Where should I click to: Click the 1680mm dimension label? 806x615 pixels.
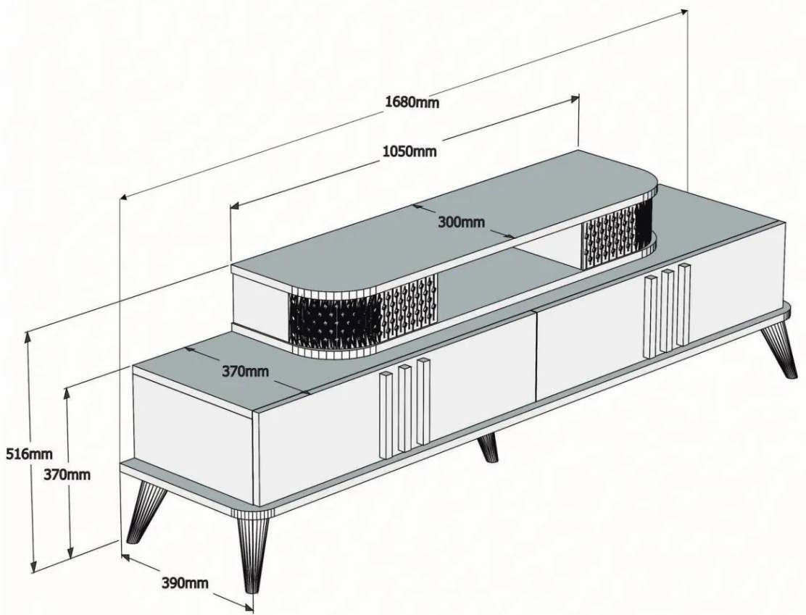412,101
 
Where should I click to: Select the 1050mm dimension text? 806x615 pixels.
410,151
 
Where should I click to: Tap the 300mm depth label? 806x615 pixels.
461,222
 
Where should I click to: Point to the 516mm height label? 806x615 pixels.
29,453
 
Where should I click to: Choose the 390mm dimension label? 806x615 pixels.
185,582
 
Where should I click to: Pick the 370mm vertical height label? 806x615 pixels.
67,474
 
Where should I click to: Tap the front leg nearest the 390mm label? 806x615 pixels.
253,551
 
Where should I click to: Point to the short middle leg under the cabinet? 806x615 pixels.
489,448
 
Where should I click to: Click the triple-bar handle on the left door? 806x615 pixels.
404,407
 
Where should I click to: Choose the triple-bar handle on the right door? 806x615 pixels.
668,311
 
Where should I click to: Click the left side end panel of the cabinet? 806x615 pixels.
195,434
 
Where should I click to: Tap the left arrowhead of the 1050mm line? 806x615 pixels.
234,206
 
